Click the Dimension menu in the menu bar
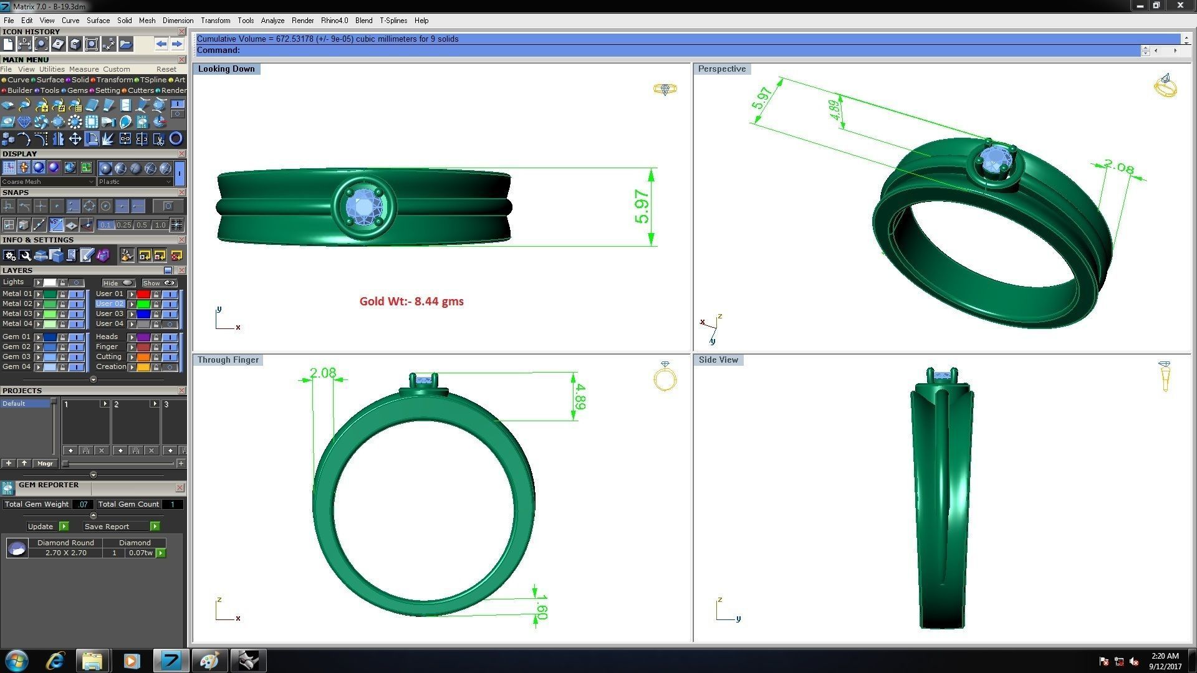click(178, 21)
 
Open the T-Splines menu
click(393, 21)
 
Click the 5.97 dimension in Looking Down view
click(642, 207)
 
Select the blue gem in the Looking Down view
click(363, 207)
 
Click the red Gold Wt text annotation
click(411, 302)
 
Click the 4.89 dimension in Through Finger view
click(579, 396)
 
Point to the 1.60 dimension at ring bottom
click(541, 607)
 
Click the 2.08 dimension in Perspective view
click(1118, 166)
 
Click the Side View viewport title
click(718, 360)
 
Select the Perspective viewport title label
click(721, 69)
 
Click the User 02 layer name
click(110, 304)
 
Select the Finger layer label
click(107, 347)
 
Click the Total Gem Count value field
click(173, 505)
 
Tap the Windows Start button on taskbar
click(16, 661)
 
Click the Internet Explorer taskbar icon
click(55, 661)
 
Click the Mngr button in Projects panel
click(45, 464)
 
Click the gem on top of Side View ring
click(942, 375)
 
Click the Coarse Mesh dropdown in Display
click(47, 182)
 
